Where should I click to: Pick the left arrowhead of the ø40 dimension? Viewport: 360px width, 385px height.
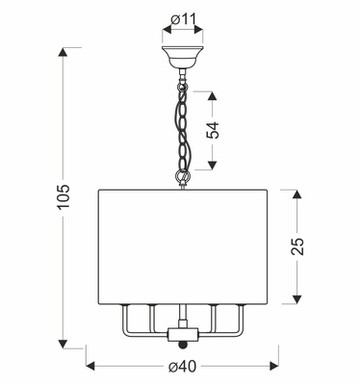[92, 367]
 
